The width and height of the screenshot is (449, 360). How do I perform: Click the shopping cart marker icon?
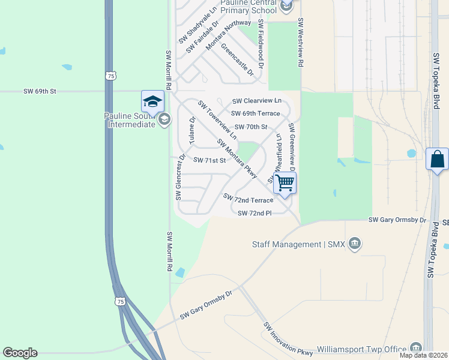coord(285,182)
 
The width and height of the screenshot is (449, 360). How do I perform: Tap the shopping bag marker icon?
coord(437,160)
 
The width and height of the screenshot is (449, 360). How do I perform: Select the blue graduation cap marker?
coord(152,101)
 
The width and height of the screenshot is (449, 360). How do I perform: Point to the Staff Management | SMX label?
coord(295,244)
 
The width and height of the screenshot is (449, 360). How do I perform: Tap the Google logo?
coord(20,353)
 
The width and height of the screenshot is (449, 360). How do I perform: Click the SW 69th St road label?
coord(40,91)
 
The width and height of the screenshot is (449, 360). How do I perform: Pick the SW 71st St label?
coord(209,160)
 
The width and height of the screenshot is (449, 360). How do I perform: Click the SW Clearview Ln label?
coord(257,101)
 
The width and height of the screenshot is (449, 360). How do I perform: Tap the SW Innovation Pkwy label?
coord(288,338)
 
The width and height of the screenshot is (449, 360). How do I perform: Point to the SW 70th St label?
coord(251,127)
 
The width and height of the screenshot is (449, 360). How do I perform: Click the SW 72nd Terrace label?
coord(248,199)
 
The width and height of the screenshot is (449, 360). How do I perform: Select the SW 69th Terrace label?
coord(255,113)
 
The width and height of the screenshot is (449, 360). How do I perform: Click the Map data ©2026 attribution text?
coord(423,355)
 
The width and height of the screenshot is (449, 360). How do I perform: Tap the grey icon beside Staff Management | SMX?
coord(355,243)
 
